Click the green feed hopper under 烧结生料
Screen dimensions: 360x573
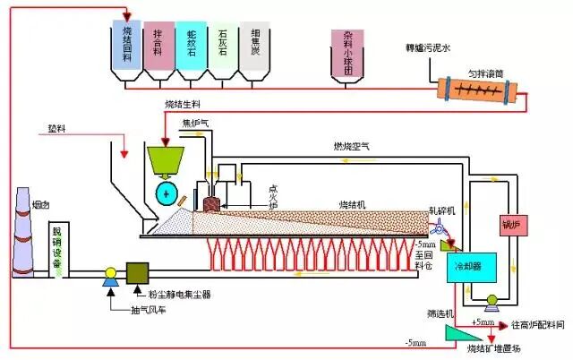(x=167, y=161)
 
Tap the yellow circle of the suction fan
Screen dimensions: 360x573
(x=111, y=273)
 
